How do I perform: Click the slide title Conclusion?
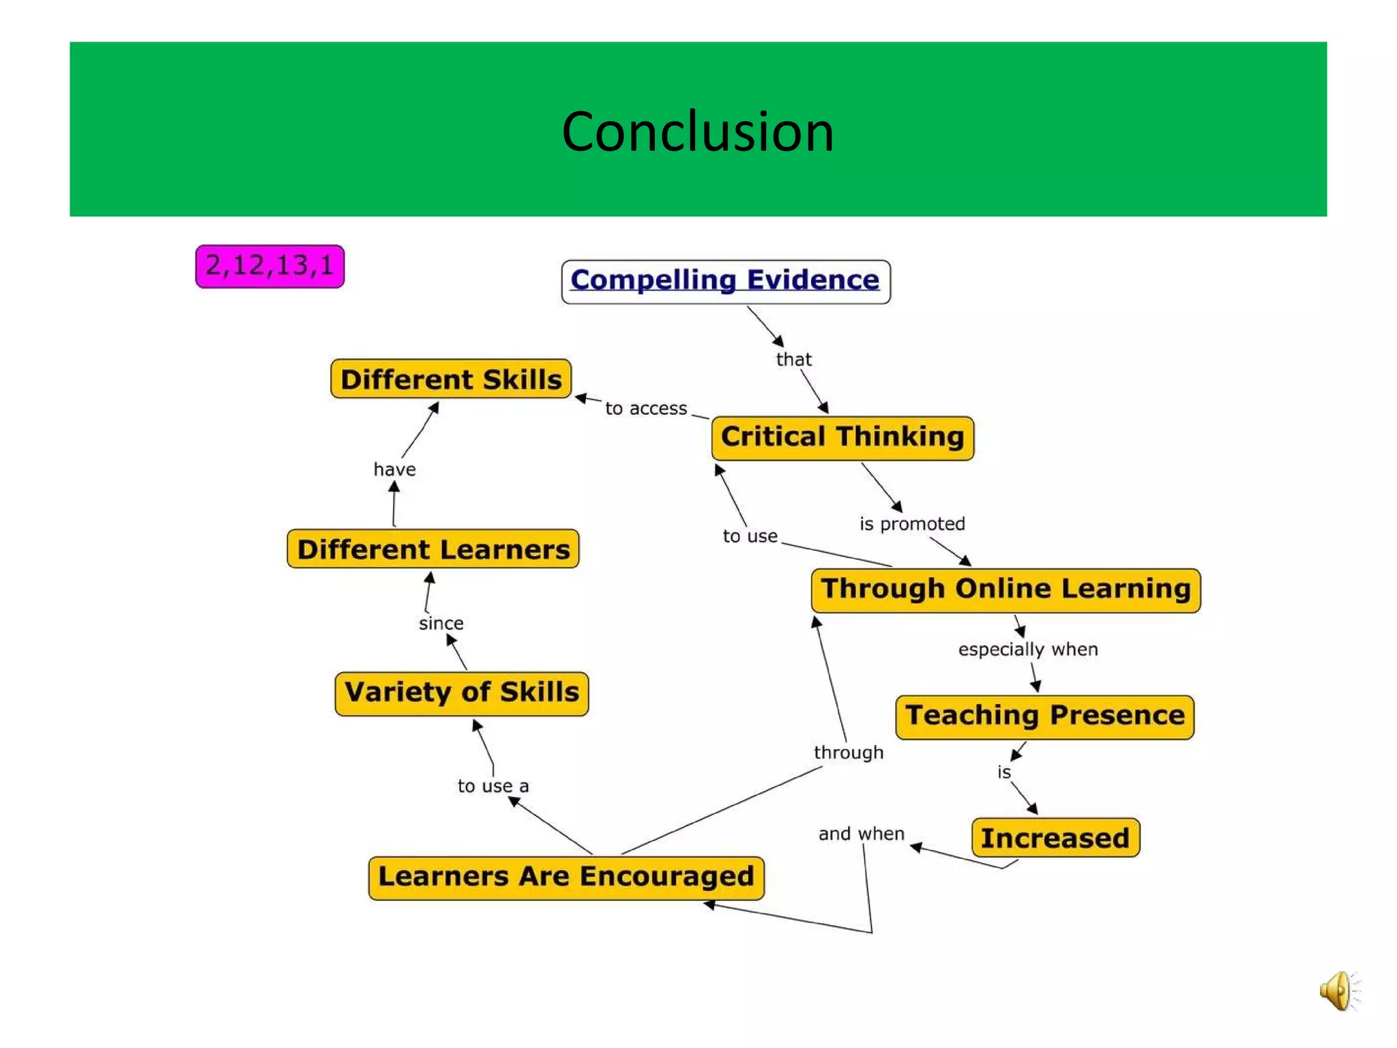[697, 131]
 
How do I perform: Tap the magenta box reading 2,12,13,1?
[269, 266]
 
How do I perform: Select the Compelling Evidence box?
[725, 281]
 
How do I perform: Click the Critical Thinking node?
[842, 437]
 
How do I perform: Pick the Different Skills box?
[451, 379]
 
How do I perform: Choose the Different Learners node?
[433, 549]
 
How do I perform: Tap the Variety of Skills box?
[462, 693]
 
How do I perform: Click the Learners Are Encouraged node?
[565, 877]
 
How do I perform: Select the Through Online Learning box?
[1005, 589]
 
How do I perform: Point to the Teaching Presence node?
[1044, 716]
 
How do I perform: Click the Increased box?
[1055, 838]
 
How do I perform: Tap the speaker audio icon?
[1338, 991]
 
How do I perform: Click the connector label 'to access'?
[645, 409]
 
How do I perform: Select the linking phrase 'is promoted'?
[912, 524]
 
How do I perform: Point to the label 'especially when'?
[1027, 650]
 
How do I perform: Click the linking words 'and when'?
[861, 834]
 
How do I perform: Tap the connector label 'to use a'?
[492, 786]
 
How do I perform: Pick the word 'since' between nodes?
[441, 623]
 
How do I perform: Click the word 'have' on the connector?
[394, 469]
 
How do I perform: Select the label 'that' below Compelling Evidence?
[793, 360]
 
